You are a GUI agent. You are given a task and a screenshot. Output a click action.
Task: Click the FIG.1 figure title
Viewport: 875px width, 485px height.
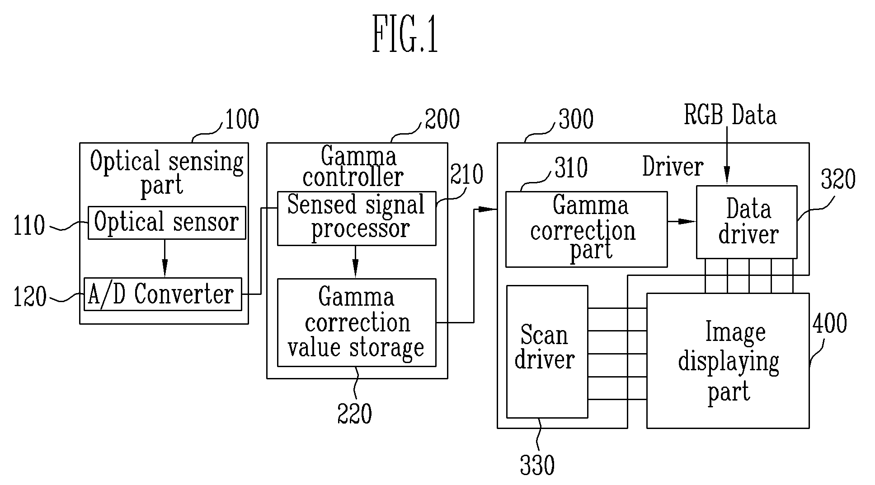405,35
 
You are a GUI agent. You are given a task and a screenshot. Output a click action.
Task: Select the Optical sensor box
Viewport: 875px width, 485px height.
167,223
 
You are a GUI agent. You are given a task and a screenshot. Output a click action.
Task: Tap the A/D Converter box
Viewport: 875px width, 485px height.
163,294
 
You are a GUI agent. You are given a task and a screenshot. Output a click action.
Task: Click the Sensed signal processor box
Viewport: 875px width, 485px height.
357,218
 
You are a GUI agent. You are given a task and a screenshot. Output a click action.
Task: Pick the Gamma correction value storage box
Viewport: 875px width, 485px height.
357,322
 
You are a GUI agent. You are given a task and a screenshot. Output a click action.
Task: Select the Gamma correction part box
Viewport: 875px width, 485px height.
586,229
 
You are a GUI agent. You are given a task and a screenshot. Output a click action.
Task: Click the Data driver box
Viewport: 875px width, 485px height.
746,222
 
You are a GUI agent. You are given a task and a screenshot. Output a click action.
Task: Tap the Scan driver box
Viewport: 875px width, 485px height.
547,351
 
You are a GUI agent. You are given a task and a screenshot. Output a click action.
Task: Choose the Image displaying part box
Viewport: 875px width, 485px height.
728,360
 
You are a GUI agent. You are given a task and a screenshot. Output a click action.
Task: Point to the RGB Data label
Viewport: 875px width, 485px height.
730,115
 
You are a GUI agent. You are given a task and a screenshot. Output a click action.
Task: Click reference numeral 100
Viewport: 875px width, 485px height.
242,120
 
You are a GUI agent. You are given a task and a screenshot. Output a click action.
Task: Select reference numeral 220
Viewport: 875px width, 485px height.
354,414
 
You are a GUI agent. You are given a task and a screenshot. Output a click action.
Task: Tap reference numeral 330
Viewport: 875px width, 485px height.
537,465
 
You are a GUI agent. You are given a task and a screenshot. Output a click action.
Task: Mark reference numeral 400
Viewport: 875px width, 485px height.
829,324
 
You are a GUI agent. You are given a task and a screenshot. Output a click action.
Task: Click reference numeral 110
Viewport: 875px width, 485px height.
29,226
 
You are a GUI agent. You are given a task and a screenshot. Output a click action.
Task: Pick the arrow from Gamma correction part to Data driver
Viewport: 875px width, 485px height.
682,221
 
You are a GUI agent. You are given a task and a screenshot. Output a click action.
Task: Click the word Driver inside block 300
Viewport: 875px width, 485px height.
673,167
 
